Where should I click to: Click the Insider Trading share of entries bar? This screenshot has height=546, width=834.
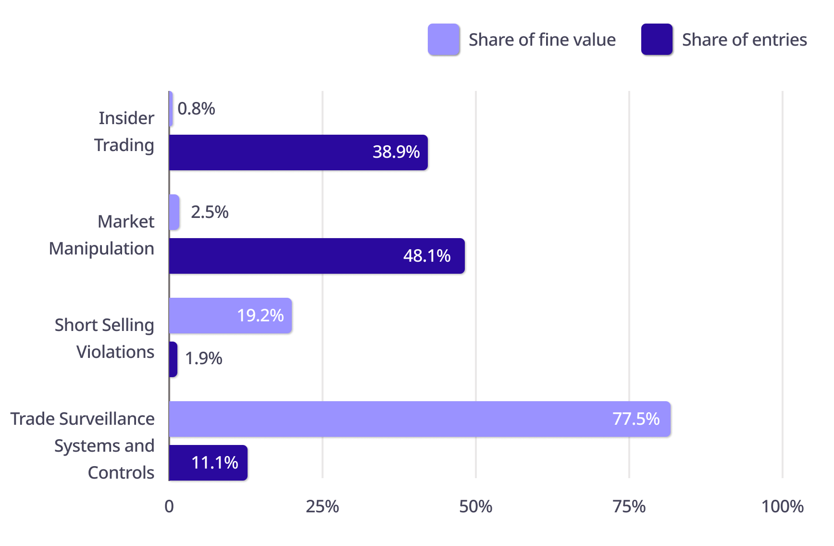(x=299, y=152)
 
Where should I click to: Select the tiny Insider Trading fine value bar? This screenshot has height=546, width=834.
(x=171, y=109)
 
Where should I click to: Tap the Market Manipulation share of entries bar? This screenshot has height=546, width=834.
(x=317, y=256)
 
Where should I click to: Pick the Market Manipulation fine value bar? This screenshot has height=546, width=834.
(x=174, y=212)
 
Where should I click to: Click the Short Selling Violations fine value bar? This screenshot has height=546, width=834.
(x=231, y=316)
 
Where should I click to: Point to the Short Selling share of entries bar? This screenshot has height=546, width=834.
(x=174, y=359)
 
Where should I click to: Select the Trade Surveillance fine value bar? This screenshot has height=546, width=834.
(x=420, y=419)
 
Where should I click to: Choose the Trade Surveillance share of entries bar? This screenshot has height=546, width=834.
(x=208, y=463)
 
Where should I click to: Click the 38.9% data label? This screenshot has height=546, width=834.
(x=396, y=152)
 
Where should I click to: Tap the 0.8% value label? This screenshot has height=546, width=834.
(x=196, y=109)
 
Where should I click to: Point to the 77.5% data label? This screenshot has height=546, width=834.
(x=636, y=419)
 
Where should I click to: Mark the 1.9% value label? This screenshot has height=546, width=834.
(x=203, y=358)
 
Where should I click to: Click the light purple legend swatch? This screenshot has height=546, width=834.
(x=444, y=39)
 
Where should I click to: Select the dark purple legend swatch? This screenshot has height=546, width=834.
(x=657, y=39)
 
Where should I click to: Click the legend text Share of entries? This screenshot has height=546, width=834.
(x=745, y=40)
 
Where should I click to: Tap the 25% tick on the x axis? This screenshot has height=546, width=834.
(x=323, y=507)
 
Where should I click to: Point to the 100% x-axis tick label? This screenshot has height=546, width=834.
(x=783, y=507)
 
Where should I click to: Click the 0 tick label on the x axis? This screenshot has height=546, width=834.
(x=169, y=507)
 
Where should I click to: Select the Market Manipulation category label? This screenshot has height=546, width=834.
(x=102, y=235)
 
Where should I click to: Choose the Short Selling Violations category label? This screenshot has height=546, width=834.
(x=105, y=339)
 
